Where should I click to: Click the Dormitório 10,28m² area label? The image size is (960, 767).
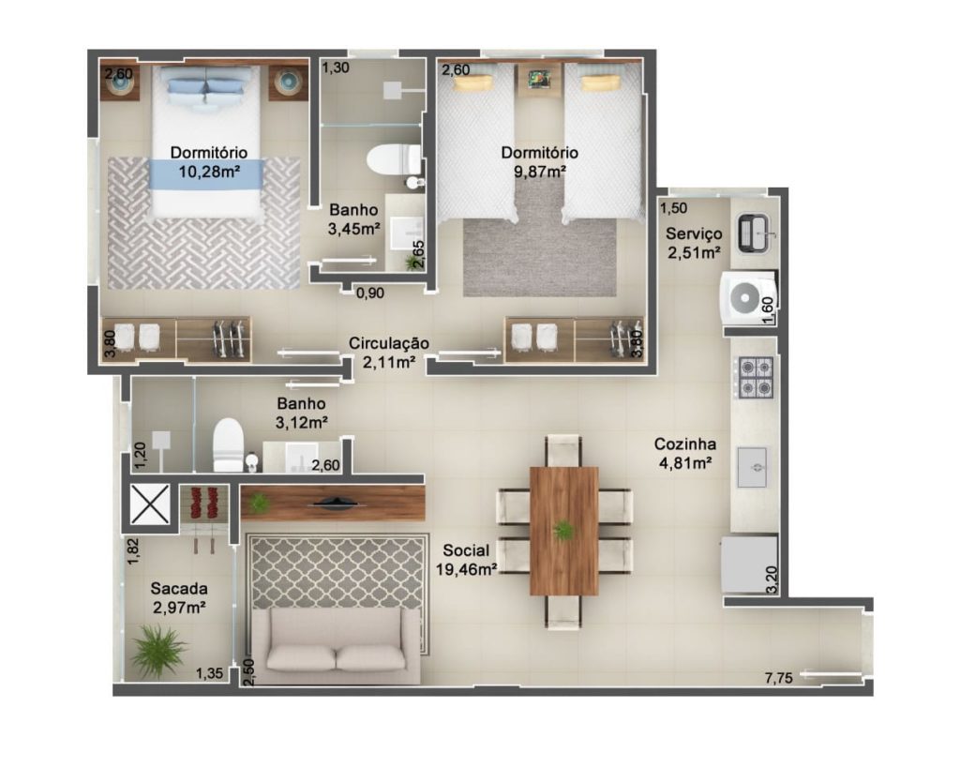[208, 161]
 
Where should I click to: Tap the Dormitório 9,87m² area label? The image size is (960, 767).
[539, 161]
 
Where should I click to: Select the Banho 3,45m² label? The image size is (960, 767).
[353, 219]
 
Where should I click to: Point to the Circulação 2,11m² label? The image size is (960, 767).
[389, 353]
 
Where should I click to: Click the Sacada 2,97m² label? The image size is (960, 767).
[179, 598]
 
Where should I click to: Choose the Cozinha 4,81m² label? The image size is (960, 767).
[685, 453]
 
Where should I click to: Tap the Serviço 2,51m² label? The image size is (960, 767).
[694, 243]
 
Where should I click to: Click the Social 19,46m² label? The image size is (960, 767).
[466, 560]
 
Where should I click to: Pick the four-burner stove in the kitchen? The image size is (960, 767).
[756, 378]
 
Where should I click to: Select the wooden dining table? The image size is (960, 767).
[563, 531]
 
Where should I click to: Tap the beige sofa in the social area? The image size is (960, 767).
[337, 646]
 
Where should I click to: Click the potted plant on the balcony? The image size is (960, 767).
[157, 650]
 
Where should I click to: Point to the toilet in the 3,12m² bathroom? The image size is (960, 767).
[229, 445]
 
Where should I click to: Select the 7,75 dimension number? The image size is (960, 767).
[779, 678]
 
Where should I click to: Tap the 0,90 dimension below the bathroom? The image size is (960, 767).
[369, 293]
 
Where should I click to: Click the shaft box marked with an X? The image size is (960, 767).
[150, 504]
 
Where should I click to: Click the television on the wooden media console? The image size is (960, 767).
[334, 504]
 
